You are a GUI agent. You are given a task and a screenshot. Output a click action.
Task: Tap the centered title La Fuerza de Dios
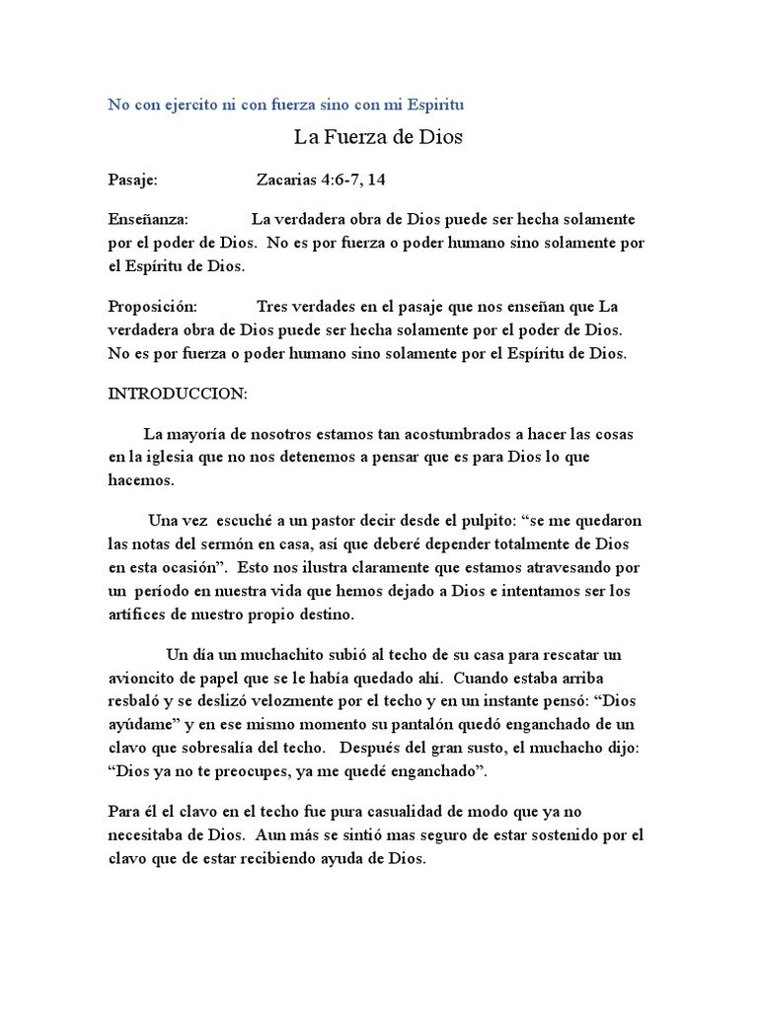coord(379,138)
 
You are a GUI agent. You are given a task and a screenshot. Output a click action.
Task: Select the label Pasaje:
coord(132,180)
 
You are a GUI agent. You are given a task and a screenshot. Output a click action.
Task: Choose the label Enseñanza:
coord(148,219)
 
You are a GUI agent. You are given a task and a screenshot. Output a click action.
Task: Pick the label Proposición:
coord(152,306)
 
